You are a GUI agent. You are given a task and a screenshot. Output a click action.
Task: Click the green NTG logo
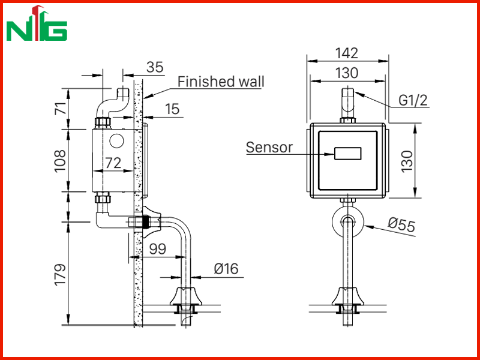[37, 23]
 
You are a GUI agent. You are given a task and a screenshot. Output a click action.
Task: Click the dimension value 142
[347, 53]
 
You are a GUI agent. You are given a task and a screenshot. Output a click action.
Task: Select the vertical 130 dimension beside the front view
[407, 161]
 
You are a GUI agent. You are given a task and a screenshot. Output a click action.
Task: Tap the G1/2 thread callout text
[413, 100]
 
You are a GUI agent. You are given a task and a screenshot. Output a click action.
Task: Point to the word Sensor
[269, 147]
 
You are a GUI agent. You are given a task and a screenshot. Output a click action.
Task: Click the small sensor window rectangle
[348, 154]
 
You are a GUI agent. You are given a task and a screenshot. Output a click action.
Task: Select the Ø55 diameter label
[401, 225]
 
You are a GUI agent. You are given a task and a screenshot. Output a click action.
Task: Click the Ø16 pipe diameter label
[226, 269]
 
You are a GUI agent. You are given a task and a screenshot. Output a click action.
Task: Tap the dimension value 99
[158, 249]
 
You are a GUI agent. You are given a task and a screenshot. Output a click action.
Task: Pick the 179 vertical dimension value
[60, 274]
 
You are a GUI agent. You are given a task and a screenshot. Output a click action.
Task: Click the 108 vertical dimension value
[60, 161]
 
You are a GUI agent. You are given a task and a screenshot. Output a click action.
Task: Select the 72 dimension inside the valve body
[113, 163]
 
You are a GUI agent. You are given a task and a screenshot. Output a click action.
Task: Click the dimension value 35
[155, 67]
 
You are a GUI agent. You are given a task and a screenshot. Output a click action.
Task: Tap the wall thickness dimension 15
[172, 109]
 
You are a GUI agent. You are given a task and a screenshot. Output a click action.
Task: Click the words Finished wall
[221, 82]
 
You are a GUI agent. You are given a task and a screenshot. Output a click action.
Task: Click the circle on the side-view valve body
[116, 141]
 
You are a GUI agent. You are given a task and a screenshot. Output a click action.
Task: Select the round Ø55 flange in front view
[348, 221]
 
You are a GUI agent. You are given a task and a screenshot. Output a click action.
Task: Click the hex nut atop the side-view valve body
[103, 123]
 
